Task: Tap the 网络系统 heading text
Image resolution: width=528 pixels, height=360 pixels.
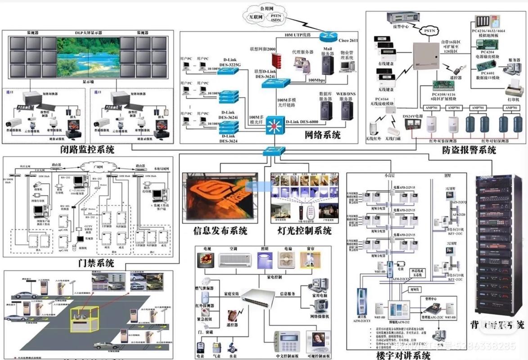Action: [x=322, y=135]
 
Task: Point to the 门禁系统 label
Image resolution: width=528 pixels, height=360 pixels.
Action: [x=96, y=263]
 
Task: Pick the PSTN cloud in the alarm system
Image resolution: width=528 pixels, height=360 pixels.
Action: [x=426, y=31]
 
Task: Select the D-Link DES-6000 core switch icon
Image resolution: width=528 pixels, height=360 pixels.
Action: [x=274, y=125]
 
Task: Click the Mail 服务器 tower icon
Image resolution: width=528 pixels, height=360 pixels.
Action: [x=327, y=65]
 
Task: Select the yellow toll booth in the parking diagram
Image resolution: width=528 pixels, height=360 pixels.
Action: [x=83, y=318]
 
